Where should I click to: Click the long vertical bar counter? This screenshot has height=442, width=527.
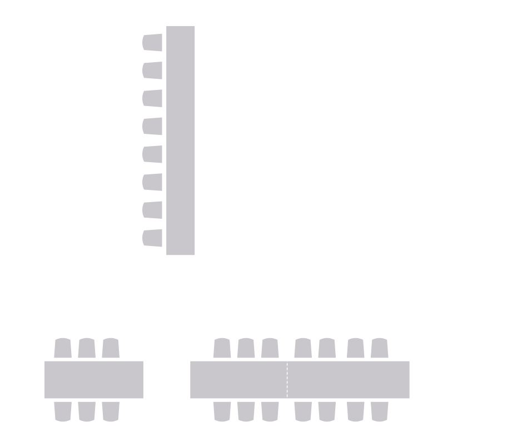pos(181,140)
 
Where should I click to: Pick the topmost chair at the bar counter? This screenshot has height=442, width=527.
pos(152,43)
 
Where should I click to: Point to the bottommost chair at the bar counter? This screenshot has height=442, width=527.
pos(152,238)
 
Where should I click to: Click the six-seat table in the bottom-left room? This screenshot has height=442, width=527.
pos(94,379)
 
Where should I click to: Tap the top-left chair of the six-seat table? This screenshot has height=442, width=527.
pos(63,348)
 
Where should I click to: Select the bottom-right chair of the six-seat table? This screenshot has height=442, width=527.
pos(111,411)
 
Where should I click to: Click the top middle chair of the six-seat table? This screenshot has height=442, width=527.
pos(87,348)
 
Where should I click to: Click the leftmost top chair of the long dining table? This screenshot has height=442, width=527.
pos(222,348)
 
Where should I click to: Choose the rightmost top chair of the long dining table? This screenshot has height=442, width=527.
pos(380,348)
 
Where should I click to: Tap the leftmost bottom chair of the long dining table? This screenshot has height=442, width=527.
pos(222,411)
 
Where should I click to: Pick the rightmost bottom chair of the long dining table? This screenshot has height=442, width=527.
pos(380,411)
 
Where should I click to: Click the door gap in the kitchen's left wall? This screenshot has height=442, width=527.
pos(266,139)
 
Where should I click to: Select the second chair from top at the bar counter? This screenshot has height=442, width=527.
pos(152,71)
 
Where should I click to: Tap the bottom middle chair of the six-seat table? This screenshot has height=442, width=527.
pos(87,411)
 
